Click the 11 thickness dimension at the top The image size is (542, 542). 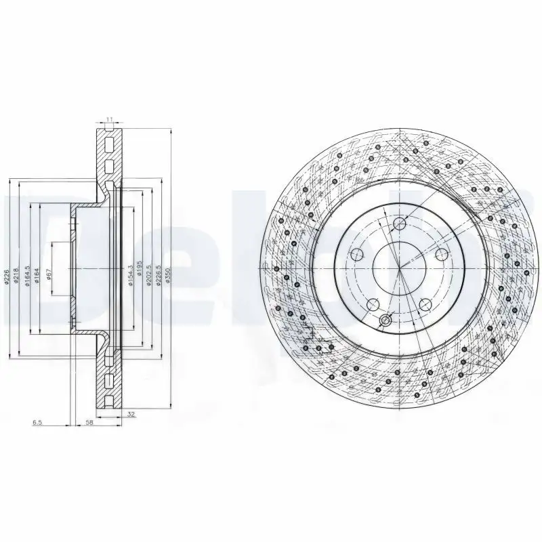tap(109, 120)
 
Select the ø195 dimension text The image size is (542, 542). tap(140, 271)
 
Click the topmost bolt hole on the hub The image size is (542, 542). tap(399, 224)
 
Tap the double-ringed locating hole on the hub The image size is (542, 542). tap(385, 320)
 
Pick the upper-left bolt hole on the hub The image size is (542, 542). tap(358, 254)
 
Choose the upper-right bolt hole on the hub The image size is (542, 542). tap(441, 254)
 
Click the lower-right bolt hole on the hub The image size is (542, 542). tap(425, 304)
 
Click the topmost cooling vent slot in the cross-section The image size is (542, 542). tap(109, 142)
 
